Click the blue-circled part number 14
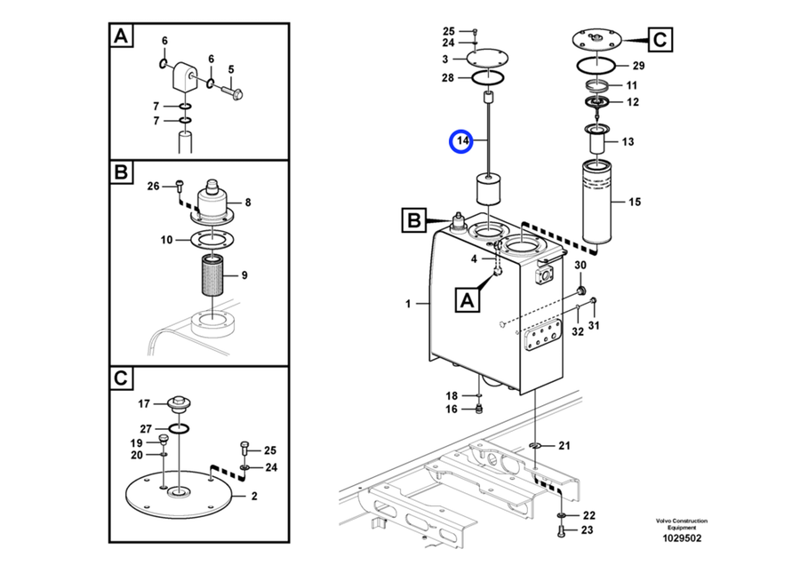coord(462,140)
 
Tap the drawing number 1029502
coord(682,538)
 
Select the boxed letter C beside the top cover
coord(660,39)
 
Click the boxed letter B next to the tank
coord(413,220)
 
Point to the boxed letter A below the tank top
coord(468,300)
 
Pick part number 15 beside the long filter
coord(634,202)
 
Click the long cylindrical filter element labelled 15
coord(597,202)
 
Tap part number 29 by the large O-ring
coord(638,66)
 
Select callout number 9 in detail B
coord(244,275)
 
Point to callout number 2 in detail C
coord(254,496)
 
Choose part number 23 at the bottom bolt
coord(588,529)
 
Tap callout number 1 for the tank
coord(408,304)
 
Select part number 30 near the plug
coord(580,265)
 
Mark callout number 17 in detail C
coord(144,404)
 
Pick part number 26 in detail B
coord(153,187)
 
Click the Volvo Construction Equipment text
coord(682,524)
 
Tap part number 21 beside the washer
coord(564,446)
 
